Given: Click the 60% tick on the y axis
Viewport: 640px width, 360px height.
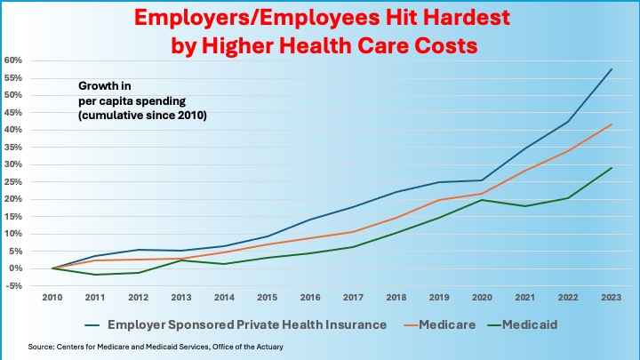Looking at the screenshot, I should tap(12, 60).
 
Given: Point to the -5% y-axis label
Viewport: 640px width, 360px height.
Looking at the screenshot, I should tap(12, 286).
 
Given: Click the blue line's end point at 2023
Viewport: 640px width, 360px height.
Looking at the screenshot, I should tap(611, 69).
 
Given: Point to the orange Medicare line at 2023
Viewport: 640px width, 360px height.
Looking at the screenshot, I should tap(611, 124).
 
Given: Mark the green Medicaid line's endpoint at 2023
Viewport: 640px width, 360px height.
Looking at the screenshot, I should tap(611, 168).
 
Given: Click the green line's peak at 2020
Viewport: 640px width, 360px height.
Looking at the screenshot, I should tap(482, 200).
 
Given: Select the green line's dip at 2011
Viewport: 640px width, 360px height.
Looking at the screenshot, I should tap(96, 275).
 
